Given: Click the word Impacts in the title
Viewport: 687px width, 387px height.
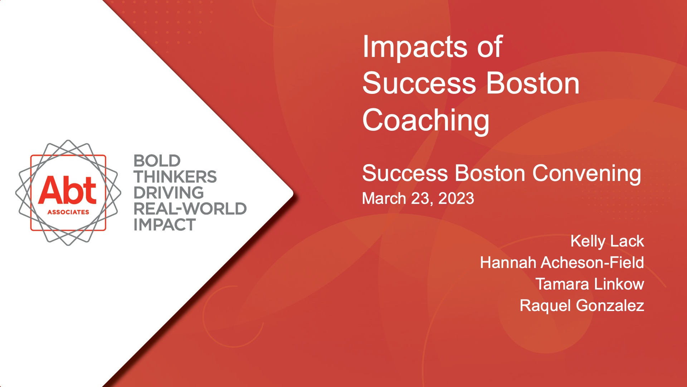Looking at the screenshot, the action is click(415, 47).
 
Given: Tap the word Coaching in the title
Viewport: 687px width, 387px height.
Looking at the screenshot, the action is click(426, 121).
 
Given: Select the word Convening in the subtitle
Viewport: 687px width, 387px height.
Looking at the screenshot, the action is click(587, 174).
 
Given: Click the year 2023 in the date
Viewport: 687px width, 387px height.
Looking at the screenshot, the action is click(456, 199).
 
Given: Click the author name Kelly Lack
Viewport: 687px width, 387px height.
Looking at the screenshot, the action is click(607, 241).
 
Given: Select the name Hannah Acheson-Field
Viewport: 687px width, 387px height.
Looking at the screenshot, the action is click(562, 262).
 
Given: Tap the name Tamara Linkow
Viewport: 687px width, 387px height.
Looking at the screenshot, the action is click(590, 284).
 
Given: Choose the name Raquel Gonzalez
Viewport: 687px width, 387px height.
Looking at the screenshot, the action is click(582, 305).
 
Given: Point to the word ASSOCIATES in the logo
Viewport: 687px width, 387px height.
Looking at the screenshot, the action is click(68, 212).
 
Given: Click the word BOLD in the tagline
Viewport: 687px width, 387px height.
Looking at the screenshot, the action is click(157, 161).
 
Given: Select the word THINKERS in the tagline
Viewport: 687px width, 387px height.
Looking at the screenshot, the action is click(175, 177).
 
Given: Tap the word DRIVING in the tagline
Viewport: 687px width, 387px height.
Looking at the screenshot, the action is click(169, 193).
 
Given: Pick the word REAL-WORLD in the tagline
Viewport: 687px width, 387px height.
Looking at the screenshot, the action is click(190, 209).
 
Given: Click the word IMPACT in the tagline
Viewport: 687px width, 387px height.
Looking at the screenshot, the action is click(165, 225).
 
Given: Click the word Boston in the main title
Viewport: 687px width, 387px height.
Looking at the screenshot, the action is click(533, 83).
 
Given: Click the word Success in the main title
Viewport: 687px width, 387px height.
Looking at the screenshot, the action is click(419, 83).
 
